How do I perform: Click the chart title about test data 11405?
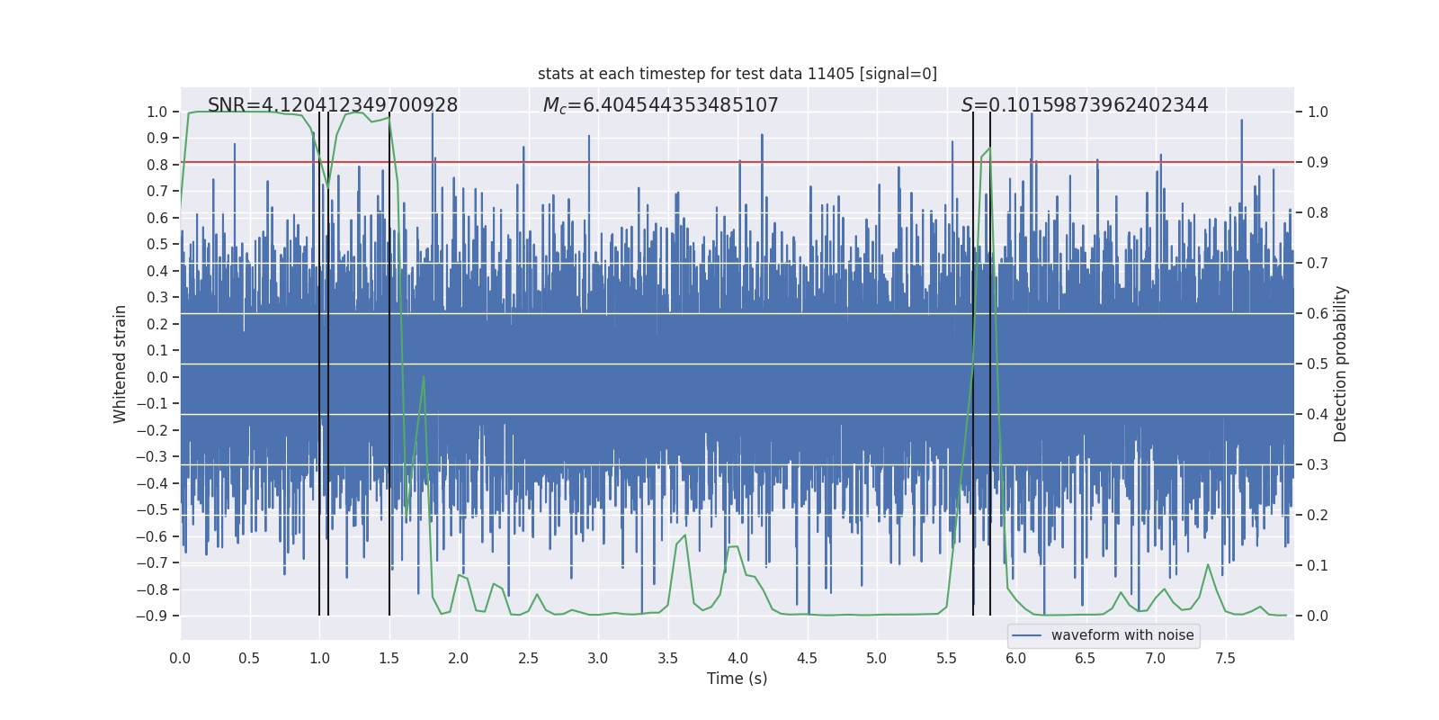pos(737,74)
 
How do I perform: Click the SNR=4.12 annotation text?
pos(333,105)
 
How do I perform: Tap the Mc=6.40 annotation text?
pos(660,105)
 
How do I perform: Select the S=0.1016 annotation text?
pos(1085,105)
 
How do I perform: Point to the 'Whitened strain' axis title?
pos(120,364)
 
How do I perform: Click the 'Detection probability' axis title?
pos(1340,364)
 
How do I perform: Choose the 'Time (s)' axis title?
pos(737,679)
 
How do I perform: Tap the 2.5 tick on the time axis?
pos(528,658)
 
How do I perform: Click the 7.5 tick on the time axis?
pos(1225,658)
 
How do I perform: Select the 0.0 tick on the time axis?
pos(180,658)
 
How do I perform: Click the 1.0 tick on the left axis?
pos(156,112)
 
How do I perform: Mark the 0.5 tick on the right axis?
pos(1318,364)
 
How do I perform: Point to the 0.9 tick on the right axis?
pos(1318,162)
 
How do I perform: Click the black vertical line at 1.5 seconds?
pos(389,360)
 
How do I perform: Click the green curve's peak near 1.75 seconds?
pos(424,377)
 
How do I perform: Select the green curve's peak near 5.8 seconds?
pos(989,148)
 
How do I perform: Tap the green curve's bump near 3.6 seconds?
pos(684,535)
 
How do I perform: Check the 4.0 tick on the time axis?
pos(737,658)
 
